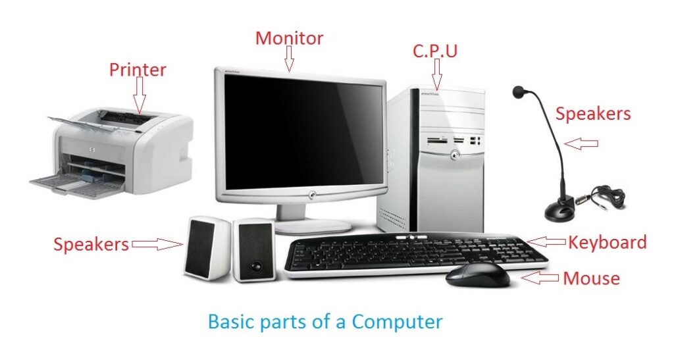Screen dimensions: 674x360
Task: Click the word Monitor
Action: point(289,38)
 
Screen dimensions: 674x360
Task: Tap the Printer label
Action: point(138,70)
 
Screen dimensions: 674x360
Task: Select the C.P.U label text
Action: point(435,51)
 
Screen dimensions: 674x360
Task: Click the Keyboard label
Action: point(607,242)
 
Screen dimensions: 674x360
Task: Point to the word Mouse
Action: point(592,278)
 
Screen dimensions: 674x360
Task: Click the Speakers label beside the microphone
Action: point(593,113)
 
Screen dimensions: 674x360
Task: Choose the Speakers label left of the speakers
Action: point(91,244)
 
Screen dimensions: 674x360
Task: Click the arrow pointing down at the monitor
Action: point(290,59)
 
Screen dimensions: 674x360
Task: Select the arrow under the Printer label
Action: point(139,95)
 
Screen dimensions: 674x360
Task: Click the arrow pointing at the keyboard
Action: point(546,242)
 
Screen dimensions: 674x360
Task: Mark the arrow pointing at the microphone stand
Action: point(581,144)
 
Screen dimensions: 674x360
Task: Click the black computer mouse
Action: point(478,275)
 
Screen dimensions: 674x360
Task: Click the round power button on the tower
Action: point(454,155)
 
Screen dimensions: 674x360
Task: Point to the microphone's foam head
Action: point(519,91)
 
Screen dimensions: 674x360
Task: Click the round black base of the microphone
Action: point(559,212)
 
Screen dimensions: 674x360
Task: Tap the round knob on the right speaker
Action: point(257,267)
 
